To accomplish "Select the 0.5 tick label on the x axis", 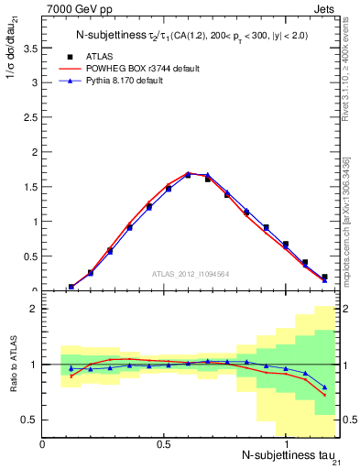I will coord(163,443).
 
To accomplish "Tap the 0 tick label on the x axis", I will coord(42,443).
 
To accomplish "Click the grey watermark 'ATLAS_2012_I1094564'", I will coord(191,273).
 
